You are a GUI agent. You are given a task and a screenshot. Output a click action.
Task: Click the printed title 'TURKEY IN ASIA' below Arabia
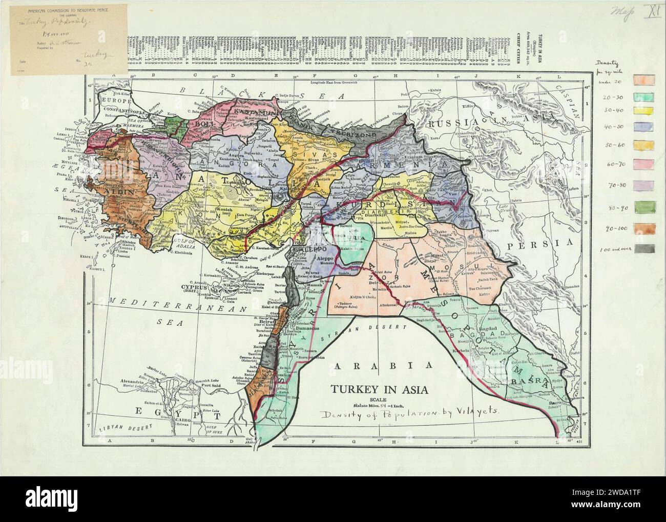[x=376, y=389]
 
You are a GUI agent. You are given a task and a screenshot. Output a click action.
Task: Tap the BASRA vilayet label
[x=528, y=382]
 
